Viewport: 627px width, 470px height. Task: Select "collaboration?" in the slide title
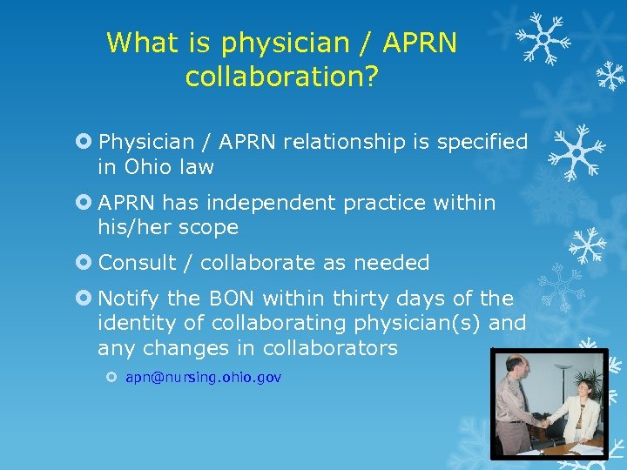coord(281,77)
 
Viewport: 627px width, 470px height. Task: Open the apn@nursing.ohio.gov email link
coord(203,378)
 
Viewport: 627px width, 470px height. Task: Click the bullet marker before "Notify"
coord(84,299)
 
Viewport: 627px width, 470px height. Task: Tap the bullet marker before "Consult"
coord(84,262)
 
